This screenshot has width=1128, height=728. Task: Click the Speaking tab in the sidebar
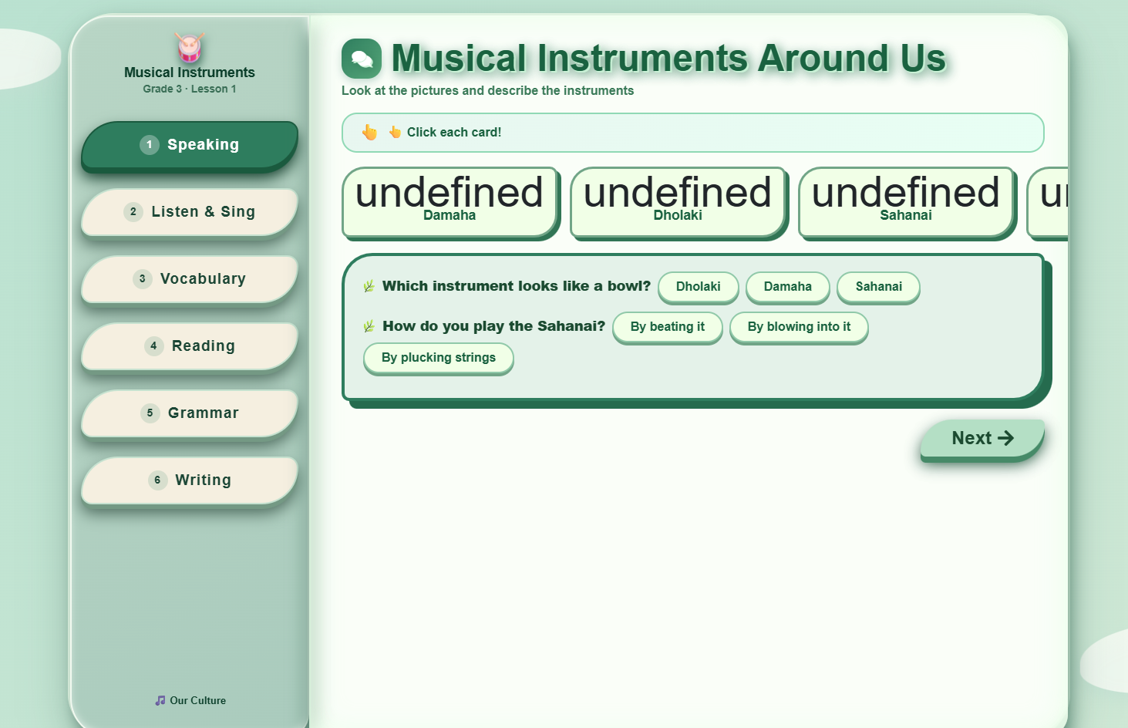point(190,145)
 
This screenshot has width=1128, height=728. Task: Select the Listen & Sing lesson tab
point(190,212)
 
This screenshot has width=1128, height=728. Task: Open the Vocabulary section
point(190,279)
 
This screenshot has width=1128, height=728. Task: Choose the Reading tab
point(190,346)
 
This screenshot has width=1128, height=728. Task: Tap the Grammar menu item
point(190,413)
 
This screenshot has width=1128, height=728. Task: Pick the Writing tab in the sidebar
point(190,480)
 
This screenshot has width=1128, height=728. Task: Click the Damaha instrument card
point(450,202)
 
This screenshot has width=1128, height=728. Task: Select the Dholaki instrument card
point(678,202)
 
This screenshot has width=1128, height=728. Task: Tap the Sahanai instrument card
point(906,202)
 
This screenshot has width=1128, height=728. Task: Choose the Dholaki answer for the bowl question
point(698,287)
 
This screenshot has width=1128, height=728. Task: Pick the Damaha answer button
point(787,287)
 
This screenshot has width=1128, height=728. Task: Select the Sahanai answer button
point(878,287)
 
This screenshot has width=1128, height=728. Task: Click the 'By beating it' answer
point(667,327)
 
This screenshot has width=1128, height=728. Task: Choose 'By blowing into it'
point(799,327)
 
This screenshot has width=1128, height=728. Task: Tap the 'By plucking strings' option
point(438,358)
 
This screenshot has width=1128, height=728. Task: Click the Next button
point(982,439)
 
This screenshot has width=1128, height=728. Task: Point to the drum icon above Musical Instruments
point(190,48)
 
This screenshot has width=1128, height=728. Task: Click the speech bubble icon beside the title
point(362,59)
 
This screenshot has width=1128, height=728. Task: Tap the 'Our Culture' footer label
point(190,700)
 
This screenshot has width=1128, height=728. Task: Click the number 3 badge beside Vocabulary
point(142,279)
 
